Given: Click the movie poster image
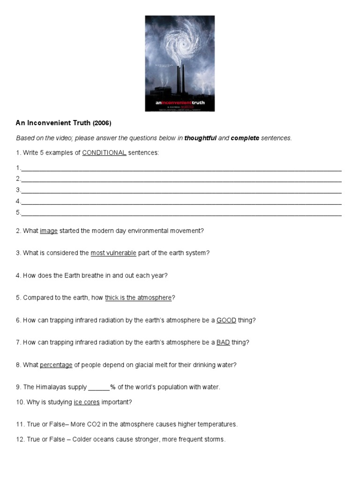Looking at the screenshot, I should (x=180, y=63).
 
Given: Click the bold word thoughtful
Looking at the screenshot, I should (x=200, y=138).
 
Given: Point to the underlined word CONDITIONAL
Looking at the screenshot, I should (x=104, y=153).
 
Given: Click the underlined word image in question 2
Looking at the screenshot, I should (x=49, y=231).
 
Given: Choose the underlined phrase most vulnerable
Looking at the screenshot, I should (x=113, y=253).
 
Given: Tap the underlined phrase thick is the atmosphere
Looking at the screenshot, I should (x=139, y=298).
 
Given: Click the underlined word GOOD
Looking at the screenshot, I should (x=226, y=320).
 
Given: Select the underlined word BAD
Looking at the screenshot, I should (x=223, y=342).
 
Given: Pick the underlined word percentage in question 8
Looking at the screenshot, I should (x=56, y=365).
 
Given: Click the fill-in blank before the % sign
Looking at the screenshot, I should (x=99, y=387).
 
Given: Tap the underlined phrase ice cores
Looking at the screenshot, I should (x=87, y=402).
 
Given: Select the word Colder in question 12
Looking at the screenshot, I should (x=82, y=440).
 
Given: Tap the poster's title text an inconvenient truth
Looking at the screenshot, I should (x=180, y=102).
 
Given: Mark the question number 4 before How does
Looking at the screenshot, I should (x=18, y=276).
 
